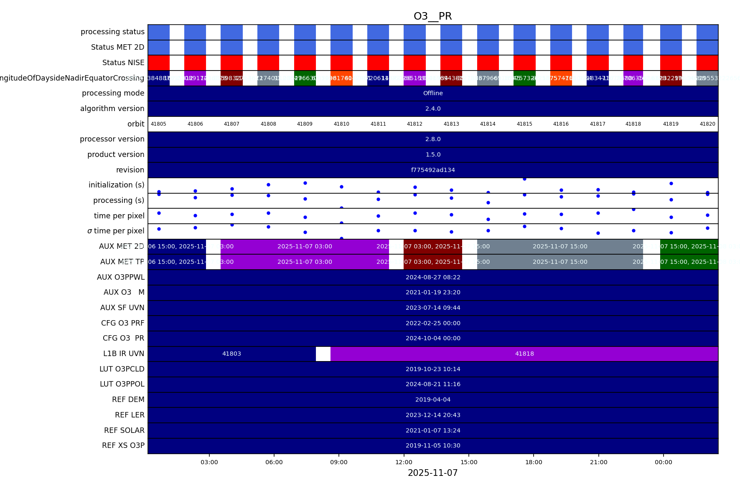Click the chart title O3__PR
(432, 16)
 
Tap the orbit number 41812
(415, 124)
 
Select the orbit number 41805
(158, 124)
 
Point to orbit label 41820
(707, 124)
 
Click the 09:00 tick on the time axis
(339, 462)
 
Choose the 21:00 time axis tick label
(598, 462)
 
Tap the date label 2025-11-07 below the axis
(432, 473)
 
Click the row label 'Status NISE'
(123, 63)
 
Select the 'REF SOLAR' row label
(124, 430)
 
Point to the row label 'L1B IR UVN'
(124, 354)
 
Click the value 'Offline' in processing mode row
(433, 93)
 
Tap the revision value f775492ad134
(433, 170)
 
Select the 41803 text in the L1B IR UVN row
(231, 354)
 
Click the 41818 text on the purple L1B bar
(524, 354)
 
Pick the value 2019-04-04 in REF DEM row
(433, 399)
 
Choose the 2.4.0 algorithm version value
(433, 109)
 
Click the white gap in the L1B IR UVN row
(323, 354)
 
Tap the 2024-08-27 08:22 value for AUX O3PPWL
(433, 277)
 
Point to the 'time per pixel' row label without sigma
(119, 216)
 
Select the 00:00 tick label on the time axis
(663, 462)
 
